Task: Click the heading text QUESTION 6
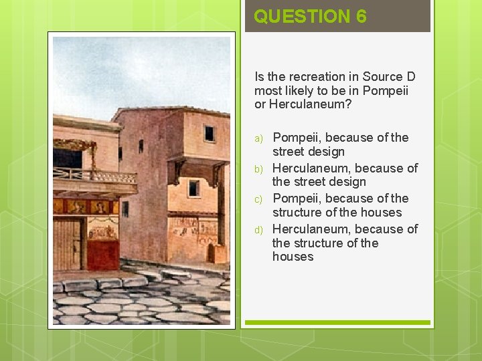(x=310, y=16)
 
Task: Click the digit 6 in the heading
(x=361, y=16)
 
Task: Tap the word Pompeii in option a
(x=295, y=138)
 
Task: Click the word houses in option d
(x=293, y=257)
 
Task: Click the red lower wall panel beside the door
(x=102, y=255)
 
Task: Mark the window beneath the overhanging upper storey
(x=193, y=188)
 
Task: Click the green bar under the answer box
(x=337, y=322)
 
